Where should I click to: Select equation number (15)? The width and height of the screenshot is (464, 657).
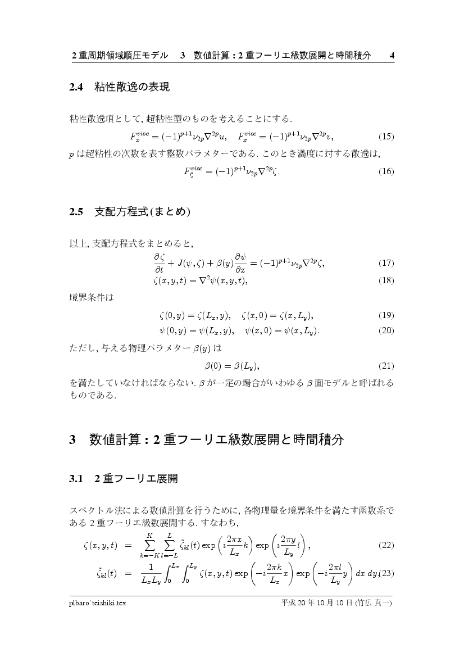click(x=386, y=137)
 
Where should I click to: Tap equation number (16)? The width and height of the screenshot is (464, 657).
click(x=386, y=171)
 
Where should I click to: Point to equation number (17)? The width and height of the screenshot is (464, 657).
click(x=386, y=262)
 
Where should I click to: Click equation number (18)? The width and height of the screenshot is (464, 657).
click(x=386, y=280)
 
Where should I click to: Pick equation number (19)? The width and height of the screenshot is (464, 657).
click(x=386, y=315)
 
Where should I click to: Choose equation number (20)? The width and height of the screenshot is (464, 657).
click(x=386, y=330)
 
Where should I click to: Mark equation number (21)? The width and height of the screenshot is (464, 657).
click(x=386, y=366)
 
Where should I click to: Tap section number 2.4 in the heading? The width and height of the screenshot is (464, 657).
click(x=76, y=87)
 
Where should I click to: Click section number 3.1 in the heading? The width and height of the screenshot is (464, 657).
click(x=76, y=479)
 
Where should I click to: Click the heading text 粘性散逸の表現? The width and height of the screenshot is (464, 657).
click(x=132, y=87)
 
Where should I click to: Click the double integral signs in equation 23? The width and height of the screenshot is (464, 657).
click(x=181, y=573)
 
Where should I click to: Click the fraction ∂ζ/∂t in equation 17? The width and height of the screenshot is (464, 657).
click(x=158, y=262)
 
